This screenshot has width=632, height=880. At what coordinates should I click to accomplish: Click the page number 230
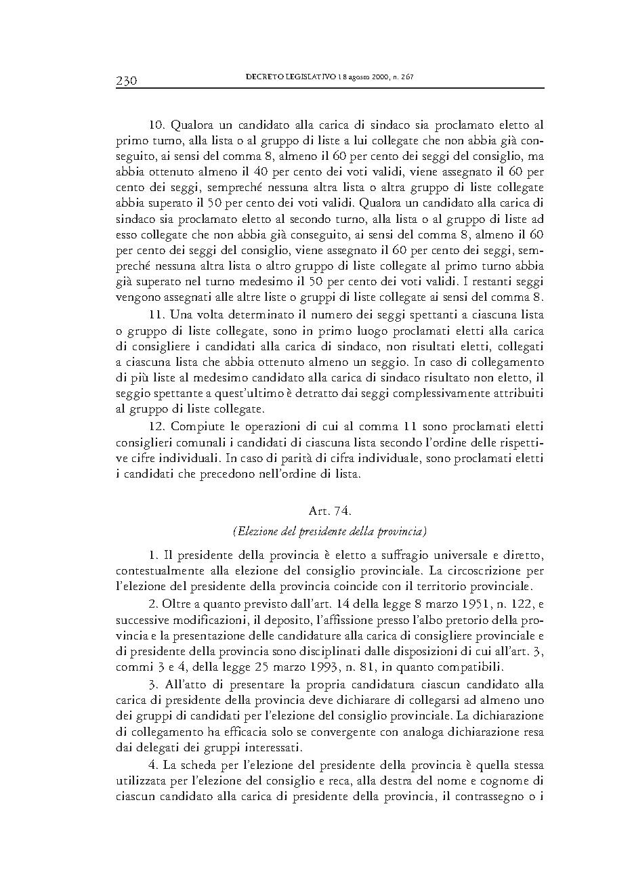click(126, 81)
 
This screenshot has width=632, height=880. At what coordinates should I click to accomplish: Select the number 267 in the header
click(406, 77)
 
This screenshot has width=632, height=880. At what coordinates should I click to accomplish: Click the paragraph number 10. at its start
click(158, 125)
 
